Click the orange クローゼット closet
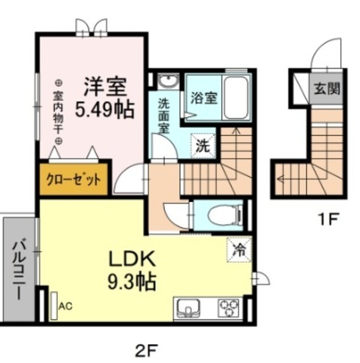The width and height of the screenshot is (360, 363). coord(74,180)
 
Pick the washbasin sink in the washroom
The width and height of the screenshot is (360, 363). coord(168,82)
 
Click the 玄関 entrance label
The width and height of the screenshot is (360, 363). coord(327,89)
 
